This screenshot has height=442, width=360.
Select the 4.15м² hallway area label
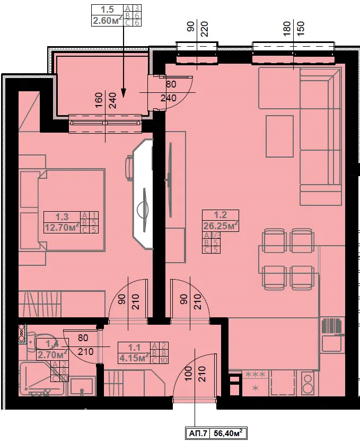[133, 358]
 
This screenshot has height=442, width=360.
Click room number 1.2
[220, 215]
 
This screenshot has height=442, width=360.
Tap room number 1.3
[62, 216]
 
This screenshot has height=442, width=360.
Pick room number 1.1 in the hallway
[135, 348]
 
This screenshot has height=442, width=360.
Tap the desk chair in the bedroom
[129, 168]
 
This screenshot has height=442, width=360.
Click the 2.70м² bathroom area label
[51, 354]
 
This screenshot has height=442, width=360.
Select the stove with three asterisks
[255, 382]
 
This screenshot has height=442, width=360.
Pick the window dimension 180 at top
[287, 27]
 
